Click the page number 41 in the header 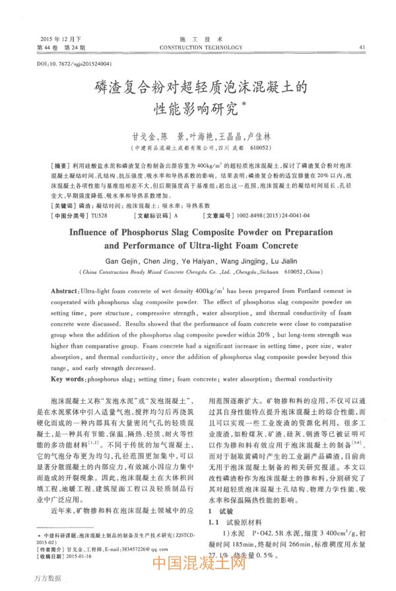362,47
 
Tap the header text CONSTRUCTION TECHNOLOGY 197,47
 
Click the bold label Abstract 65,291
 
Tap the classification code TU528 98,216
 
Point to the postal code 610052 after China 290,271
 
